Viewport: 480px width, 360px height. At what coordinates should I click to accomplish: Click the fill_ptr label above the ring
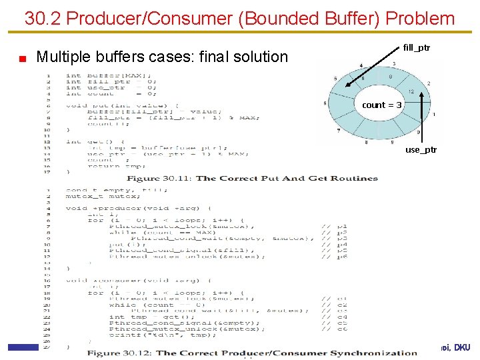pos(417,48)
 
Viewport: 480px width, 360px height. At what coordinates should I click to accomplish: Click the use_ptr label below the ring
pos(421,150)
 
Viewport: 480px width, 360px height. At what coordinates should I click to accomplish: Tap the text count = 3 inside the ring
pos(382,105)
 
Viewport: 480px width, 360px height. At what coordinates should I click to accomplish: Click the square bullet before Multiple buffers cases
pos(22,58)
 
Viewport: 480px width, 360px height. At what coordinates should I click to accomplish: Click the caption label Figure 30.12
pos(120,353)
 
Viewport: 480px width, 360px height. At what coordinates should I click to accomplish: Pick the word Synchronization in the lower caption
pos(374,353)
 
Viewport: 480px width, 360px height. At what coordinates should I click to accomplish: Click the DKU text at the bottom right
pos(463,347)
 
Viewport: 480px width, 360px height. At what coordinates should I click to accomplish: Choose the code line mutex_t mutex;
pos(94,197)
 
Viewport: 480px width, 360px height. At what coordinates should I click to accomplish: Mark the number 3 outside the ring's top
pos(395,64)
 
